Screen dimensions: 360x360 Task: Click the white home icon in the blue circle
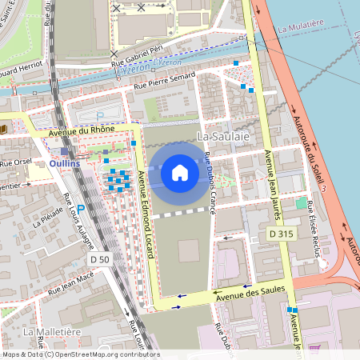point(180,172)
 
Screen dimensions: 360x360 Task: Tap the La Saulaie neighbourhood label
point(223,137)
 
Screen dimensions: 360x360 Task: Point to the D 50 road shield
point(99,260)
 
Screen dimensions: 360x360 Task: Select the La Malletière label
point(51,330)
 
